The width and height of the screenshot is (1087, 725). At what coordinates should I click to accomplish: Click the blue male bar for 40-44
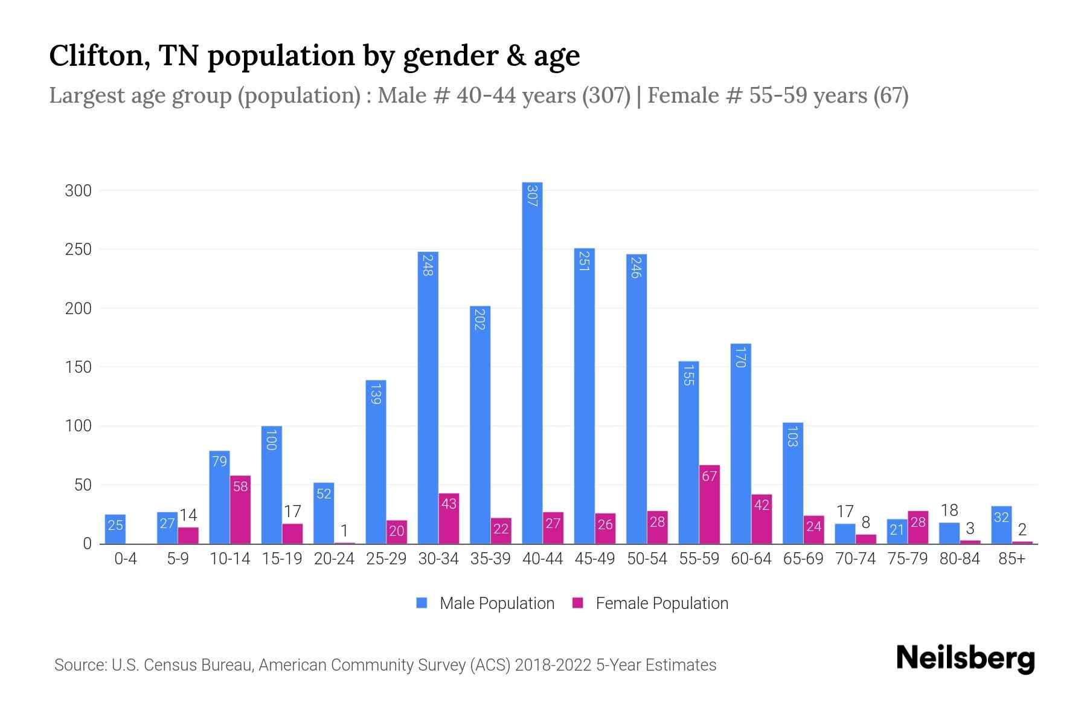[532, 362]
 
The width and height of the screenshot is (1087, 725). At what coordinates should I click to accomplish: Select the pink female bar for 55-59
[710, 504]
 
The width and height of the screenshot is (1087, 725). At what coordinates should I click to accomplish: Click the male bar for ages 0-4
[115, 529]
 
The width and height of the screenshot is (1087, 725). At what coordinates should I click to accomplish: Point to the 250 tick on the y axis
[78, 250]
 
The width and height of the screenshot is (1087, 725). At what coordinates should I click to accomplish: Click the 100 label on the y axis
[78, 426]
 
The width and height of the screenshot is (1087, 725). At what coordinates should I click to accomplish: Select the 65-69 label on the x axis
[803, 559]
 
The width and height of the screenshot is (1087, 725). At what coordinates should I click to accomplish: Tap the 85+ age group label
[1012, 559]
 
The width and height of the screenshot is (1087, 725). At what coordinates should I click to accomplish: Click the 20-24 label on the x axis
[334, 559]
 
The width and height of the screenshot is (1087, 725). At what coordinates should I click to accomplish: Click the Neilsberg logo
[965, 659]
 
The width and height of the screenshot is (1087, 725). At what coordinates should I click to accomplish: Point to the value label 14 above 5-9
[188, 515]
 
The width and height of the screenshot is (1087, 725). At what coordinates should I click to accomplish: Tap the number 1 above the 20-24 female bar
[344, 531]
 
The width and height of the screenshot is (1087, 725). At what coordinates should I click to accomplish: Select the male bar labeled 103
[793, 483]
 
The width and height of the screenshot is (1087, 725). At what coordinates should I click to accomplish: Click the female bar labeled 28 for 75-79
[918, 527]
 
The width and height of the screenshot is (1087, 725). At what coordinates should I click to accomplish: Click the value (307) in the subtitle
[606, 95]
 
